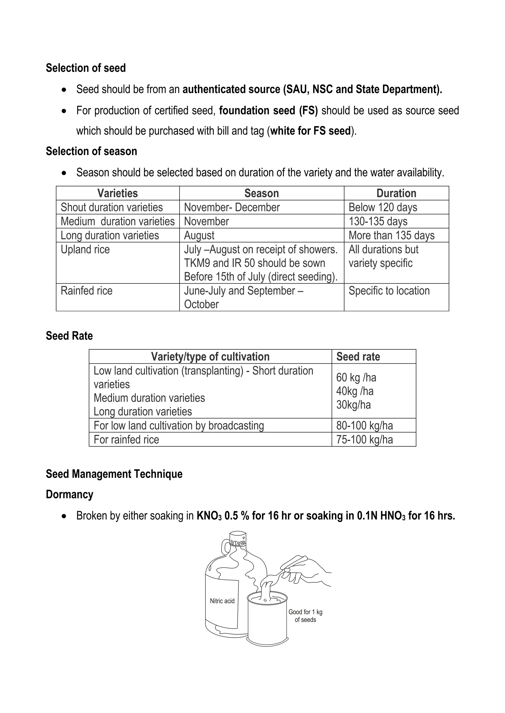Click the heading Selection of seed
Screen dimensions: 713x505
coord(86,68)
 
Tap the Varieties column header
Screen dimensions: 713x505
coord(118,193)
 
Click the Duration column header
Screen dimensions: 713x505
coord(396,193)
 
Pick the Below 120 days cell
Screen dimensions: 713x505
coord(382,207)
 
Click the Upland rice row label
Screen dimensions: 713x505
coord(85,249)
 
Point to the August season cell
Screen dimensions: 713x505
coord(199,235)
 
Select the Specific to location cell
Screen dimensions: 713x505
coord(389,291)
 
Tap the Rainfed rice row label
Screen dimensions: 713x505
coord(87,291)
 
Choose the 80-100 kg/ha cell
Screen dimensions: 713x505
coord(364,425)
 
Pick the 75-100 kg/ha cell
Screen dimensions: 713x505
coord(364,439)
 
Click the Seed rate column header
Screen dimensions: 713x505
coord(358,356)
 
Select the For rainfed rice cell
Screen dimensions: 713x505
coord(126,439)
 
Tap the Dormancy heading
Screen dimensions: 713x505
coord(69,494)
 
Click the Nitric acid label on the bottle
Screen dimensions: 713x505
coord(222,601)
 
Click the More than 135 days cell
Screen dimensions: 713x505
coord(392,235)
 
